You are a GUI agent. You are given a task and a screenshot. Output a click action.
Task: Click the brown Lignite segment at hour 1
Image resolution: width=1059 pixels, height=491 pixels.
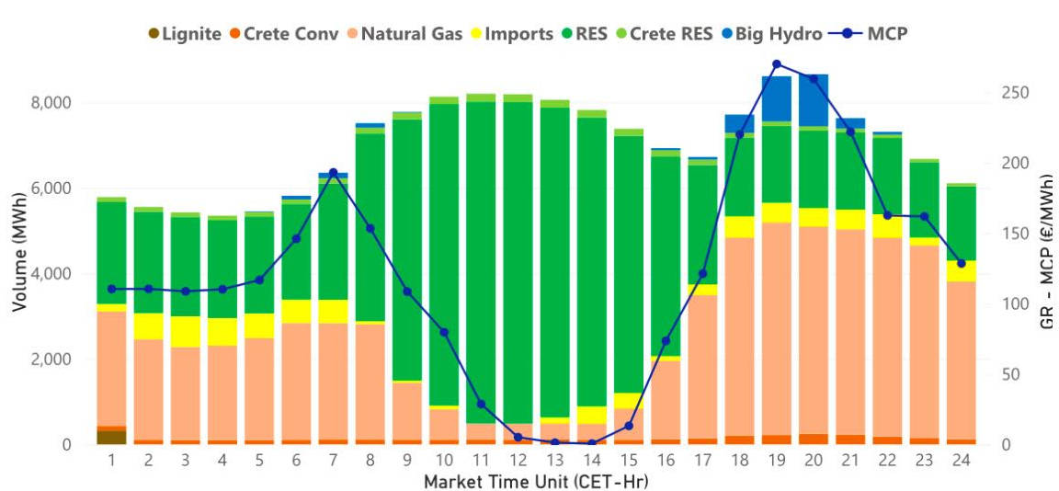tap(111, 437)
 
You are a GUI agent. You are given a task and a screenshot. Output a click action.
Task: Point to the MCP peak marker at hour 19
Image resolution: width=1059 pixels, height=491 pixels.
tap(777, 64)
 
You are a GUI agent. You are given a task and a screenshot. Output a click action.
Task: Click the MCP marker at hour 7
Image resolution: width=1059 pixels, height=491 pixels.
tap(333, 173)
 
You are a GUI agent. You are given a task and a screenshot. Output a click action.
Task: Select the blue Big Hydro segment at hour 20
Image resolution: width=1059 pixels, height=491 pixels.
tap(814, 99)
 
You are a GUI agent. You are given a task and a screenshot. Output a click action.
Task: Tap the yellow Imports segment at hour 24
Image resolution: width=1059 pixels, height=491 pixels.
tap(962, 270)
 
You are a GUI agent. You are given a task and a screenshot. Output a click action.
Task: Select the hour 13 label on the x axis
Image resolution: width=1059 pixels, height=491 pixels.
tap(555, 460)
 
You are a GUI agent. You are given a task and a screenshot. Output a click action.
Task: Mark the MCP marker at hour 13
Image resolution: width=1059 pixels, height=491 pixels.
tap(555, 442)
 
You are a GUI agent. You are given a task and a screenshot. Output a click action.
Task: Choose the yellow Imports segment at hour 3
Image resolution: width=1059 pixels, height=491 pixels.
tap(185, 331)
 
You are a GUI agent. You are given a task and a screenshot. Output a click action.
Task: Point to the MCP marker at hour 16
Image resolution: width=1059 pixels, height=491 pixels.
tap(666, 341)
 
